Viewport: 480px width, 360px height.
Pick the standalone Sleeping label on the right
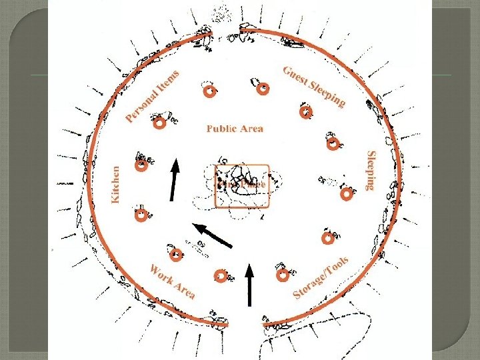(x=372, y=170)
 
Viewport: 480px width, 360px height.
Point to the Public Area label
(x=235, y=128)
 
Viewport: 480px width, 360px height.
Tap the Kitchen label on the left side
(x=115, y=185)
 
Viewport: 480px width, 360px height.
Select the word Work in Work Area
(x=161, y=275)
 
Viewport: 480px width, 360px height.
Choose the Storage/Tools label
(x=321, y=277)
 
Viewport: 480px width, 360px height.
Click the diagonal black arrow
(x=211, y=235)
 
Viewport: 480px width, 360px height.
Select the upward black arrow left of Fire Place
(x=174, y=179)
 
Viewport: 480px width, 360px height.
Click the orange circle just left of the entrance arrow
(x=221, y=275)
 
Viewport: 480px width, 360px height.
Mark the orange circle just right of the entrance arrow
(x=282, y=274)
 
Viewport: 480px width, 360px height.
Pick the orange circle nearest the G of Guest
(x=263, y=87)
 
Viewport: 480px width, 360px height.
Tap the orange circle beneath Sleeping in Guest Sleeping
(x=305, y=111)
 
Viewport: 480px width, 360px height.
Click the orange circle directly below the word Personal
(x=159, y=124)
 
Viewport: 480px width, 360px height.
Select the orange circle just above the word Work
(x=176, y=255)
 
